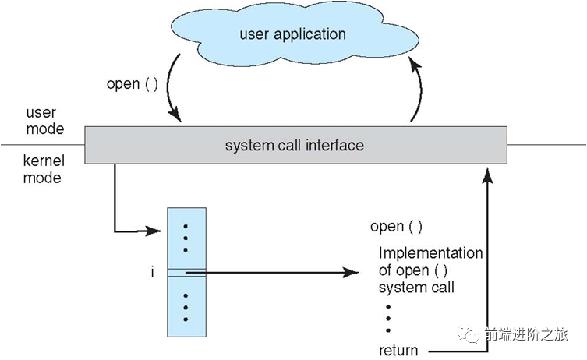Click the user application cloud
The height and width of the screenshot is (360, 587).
click(x=292, y=36)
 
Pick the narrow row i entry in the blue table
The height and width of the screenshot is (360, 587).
click(x=186, y=272)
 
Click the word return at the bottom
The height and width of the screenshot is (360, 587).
click(x=398, y=350)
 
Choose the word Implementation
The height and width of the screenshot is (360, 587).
click(x=430, y=253)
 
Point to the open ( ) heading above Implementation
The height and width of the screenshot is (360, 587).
click(x=396, y=227)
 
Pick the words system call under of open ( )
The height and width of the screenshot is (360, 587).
click(x=416, y=288)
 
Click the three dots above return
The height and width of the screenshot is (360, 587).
click(x=387, y=318)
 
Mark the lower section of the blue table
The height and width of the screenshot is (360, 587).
click(x=186, y=307)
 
